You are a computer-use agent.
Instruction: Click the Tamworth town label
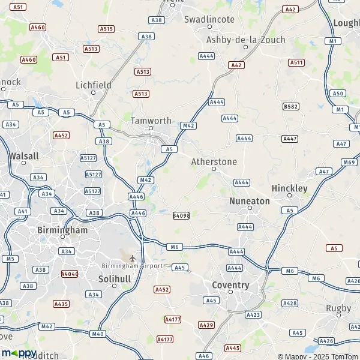click(x=151, y=120)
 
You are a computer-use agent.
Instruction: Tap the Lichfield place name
click(x=93, y=85)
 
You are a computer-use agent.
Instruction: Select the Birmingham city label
click(x=62, y=230)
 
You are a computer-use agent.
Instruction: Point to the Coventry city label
click(x=230, y=285)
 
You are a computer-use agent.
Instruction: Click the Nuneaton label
click(x=250, y=201)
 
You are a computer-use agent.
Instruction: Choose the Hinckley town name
click(x=289, y=188)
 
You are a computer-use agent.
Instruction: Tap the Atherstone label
click(x=214, y=162)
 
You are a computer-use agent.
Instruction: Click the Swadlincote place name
click(x=209, y=19)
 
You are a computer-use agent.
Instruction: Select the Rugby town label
click(x=338, y=308)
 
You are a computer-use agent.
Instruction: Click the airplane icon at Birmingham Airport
click(x=133, y=259)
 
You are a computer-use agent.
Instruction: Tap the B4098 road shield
click(x=181, y=215)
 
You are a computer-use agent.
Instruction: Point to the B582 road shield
click(x=290, y=106)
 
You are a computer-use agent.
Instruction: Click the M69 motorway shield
click(x=349, y=163)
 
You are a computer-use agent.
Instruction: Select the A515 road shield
click(x=106, y=28)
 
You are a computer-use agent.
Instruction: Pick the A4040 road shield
click(x=70, y=274)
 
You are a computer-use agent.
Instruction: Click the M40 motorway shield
click(x=98, y=334)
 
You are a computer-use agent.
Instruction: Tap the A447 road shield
click(x=290, y=139)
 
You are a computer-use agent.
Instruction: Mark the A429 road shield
click(x=206, y=325)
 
